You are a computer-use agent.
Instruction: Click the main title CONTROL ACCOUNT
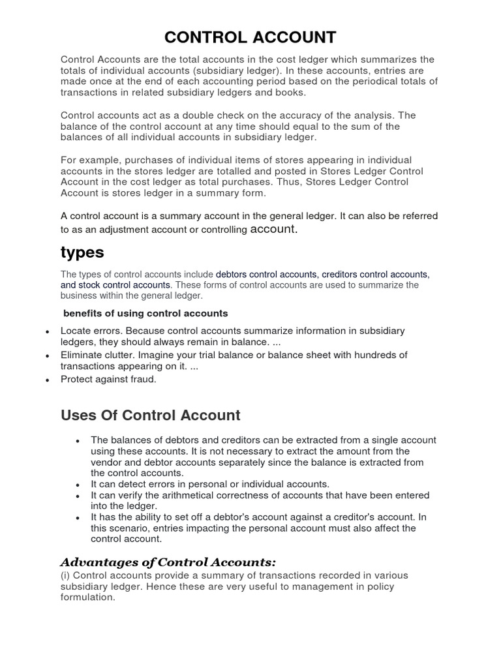pos(250,37)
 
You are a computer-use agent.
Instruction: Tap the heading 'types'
pos(82,252)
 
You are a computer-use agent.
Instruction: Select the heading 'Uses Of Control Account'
pos(151,415)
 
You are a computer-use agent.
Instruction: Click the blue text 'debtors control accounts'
pos(266,275)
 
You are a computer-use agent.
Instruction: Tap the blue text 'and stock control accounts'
pos(116,285)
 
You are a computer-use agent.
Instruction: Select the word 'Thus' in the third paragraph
pos(312,182)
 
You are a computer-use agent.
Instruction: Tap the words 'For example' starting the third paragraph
pos(87,160)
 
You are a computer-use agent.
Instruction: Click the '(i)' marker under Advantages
pos(65,575)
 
